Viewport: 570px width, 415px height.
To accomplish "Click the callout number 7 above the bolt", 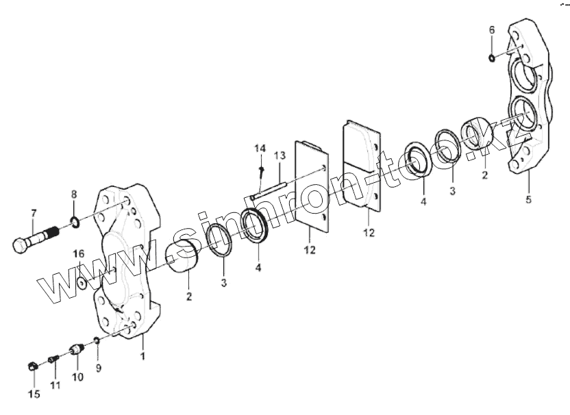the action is pyautogui.click(x=32, y=214).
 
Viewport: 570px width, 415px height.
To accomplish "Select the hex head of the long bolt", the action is pyautogui.click(x=21, y=244).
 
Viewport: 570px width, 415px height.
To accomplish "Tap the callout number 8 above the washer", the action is pyautogui.click(x=74, y=194).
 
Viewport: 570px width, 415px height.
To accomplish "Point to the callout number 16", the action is pyautogui.click(x=79, y=254).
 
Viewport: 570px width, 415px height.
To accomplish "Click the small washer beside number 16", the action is pyautogui.click(x=82, y=281).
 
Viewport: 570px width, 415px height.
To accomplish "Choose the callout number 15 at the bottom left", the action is pyautogui.click(x=34, y=394).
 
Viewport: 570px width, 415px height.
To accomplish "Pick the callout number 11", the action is pyautogui.click(x=55, y=385).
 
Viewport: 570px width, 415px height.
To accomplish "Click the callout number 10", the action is pyautogui.click(x=77, y=377).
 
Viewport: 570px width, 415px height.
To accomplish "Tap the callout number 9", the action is pyautogui.click(x=98, y=368).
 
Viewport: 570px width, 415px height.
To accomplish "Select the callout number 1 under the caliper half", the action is pyautogui.click(x=142, y=357).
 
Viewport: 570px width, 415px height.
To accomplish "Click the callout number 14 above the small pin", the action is pyautogui.click(x=260, y=149).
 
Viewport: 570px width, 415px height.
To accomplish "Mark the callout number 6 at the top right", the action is pyautogui.click(x=491, y=30).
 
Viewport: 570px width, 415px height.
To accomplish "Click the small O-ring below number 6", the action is pyautogui.click(x=493, y=57).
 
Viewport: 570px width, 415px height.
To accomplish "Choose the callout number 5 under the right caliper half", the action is pyautogui.click(x=528, y=200).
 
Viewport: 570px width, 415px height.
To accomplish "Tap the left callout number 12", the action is pyautogui.click(x=310, y=250).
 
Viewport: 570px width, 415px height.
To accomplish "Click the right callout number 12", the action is pyautogui.click(x=369, y=234).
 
